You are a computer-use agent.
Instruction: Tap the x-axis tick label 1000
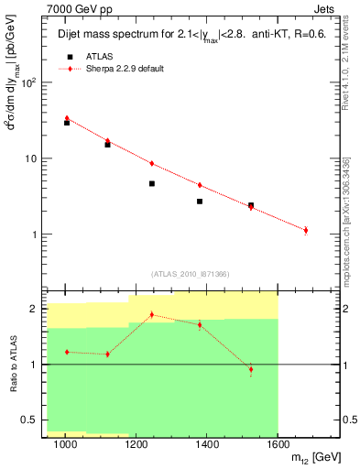click(65, 444)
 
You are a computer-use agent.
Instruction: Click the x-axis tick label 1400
click(207, 444)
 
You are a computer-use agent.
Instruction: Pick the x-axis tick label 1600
click(278, 444)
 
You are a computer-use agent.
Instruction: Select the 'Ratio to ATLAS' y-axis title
click(12, 365)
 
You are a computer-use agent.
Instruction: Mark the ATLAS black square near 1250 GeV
click(151, 183)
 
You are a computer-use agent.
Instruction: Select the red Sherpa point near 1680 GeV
click(306, 230)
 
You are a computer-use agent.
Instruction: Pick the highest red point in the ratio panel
click(151, 314)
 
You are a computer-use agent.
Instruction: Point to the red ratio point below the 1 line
click(251, 369)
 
